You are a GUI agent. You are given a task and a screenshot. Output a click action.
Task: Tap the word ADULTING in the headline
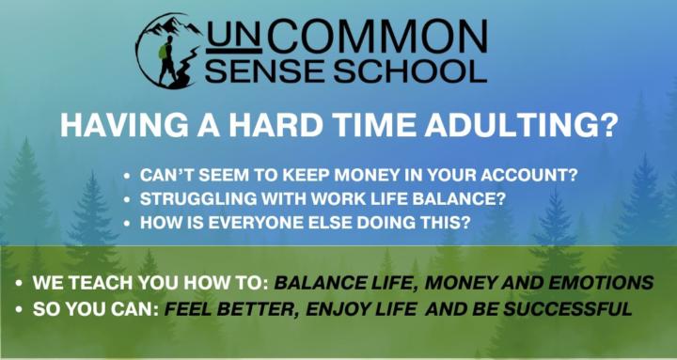(530, 125)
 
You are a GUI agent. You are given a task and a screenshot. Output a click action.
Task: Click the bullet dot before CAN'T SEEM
(127, 176)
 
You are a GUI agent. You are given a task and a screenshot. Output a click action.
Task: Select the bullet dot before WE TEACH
(20, 283)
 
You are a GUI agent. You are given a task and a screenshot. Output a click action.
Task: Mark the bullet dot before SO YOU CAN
(20, 308)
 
